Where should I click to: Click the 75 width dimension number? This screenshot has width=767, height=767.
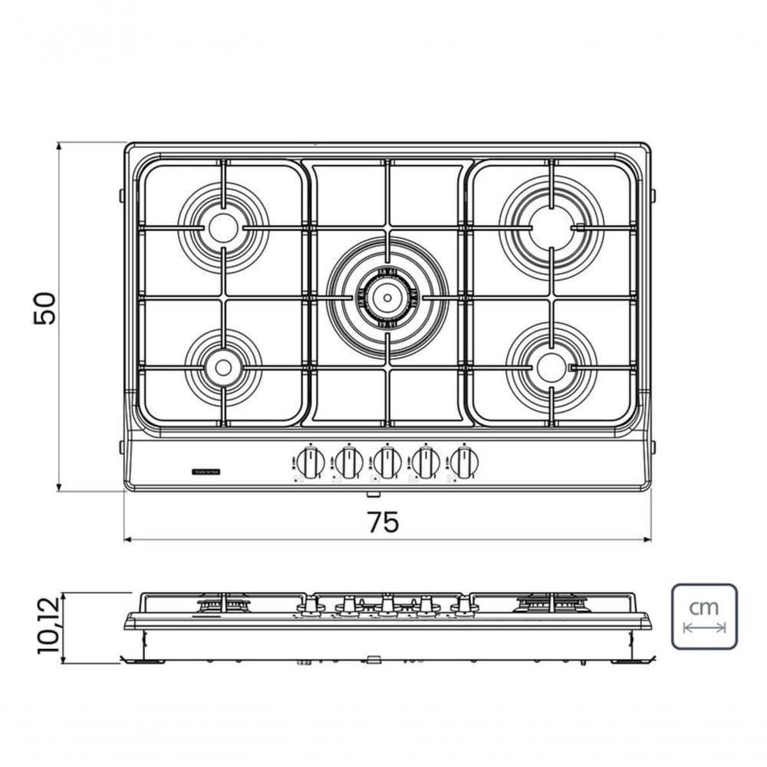tap(383, 522)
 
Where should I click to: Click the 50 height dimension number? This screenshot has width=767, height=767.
tap(45, 308)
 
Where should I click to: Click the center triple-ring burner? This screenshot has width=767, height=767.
tap(387, 295)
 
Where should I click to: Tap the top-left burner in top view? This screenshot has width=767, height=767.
tap(223, 227)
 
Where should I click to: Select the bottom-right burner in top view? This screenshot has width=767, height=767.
tap(550, 366)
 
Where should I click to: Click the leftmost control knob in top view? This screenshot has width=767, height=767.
tap(308, 463)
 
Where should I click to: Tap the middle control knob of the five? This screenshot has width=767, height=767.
tap(387, 463)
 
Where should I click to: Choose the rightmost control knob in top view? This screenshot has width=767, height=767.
tap(463, 463)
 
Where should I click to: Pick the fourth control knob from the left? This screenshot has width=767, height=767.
tap(425, 463)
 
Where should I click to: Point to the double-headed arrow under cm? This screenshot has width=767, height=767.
tap(704, 628)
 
